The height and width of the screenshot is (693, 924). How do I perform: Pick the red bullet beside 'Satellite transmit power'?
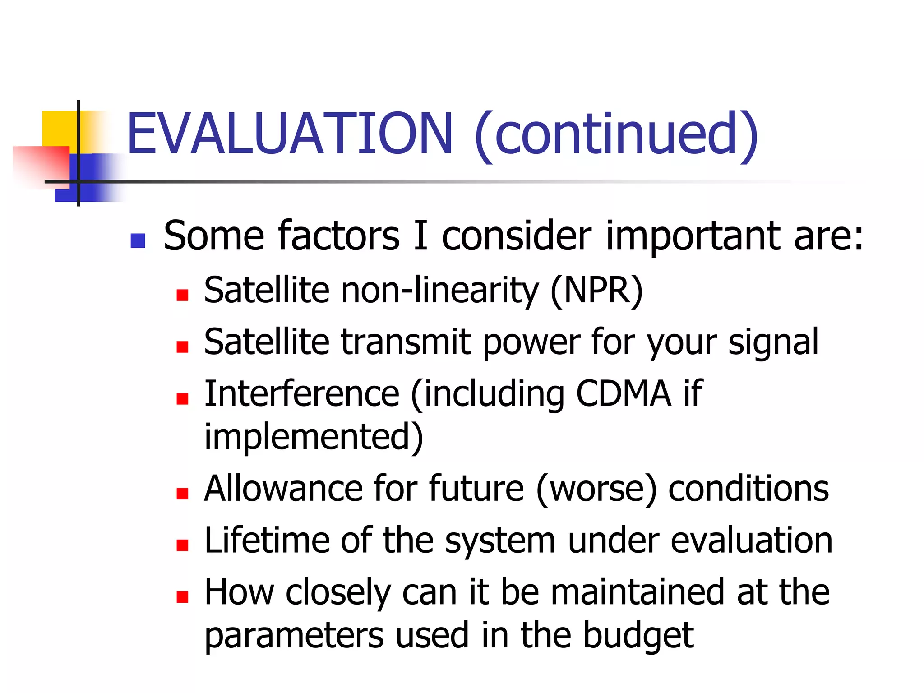[x=182, y=346]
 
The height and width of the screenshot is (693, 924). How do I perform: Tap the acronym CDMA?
[x=624, y=393]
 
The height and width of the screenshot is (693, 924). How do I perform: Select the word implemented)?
[x=314, y=436]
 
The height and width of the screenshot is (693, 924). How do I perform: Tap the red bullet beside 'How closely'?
[x=182, y=597]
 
